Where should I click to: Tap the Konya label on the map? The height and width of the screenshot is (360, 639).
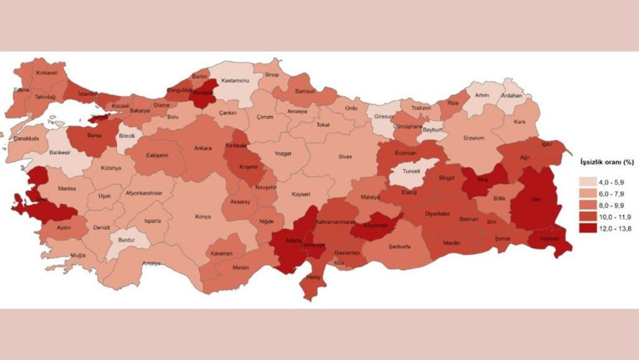(203, 216)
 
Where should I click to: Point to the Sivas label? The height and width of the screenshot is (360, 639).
(344, 156)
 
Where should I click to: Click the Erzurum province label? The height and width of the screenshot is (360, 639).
(474, 138)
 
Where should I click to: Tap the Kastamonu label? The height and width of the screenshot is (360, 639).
(235, 79)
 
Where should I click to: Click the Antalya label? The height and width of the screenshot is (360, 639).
(151, 263)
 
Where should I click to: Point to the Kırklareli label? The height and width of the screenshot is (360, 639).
(47, 72)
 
